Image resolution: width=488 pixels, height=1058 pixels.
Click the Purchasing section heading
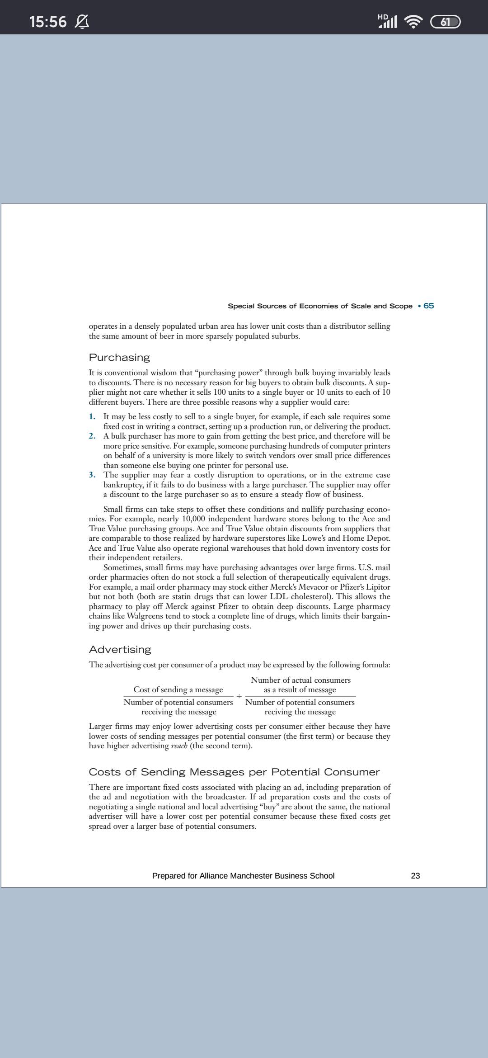click(x=119, y=357)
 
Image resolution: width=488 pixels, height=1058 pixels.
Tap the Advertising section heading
click(x=120, y=649)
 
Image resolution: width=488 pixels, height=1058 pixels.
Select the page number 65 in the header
click(x=429, y=306)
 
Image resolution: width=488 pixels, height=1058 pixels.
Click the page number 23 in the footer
click(x=415, y=876)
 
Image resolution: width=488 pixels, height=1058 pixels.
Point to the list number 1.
click(x=92, y=416)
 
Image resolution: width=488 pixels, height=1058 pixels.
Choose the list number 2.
click(x=92, y=436)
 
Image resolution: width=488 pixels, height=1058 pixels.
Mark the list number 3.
click(x=92, y=475)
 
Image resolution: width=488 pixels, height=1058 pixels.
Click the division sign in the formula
click(x=239, y=695)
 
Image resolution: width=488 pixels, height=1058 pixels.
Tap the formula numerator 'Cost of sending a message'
click(x=178, y=690)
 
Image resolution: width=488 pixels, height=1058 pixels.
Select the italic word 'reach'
click(x=179, y=746)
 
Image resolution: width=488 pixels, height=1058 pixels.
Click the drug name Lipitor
click(x=377, y=587)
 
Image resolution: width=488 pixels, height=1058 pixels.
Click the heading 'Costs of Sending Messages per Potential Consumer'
click(x=234, y=772)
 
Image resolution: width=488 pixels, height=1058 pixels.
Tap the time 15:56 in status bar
click(x=48, y=21)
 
